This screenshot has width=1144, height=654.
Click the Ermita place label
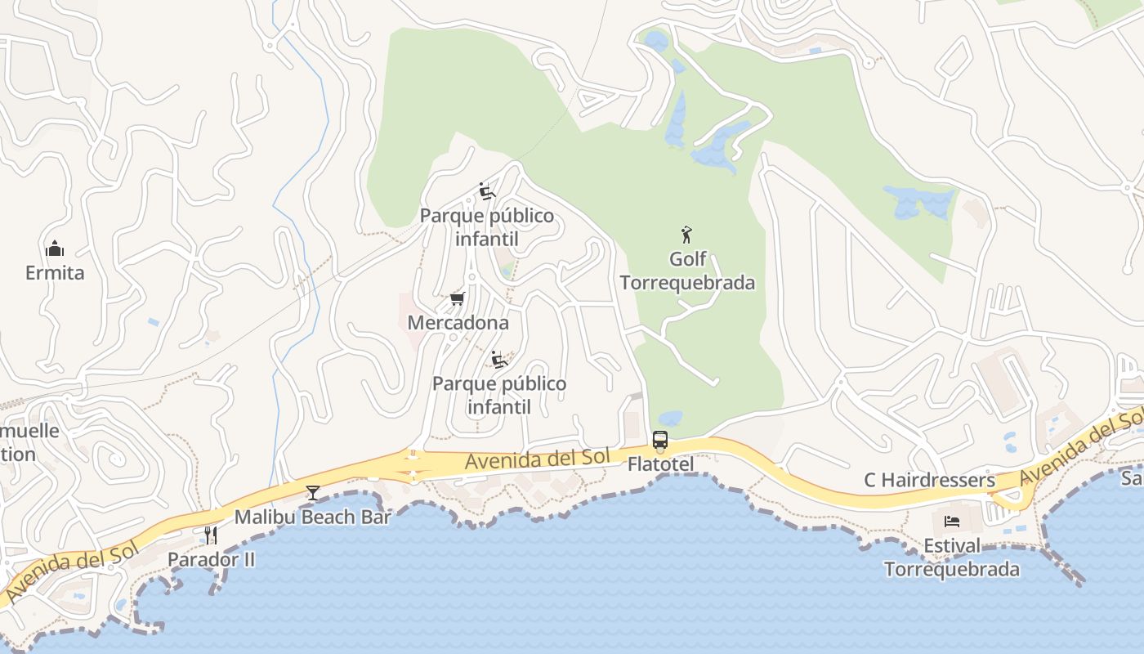[x=55, y=272]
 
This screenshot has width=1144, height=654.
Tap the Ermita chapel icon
[x=55, y=248]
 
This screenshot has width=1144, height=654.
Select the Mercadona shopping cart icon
[x=458, y=299]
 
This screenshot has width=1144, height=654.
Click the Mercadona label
[x=458, y=323]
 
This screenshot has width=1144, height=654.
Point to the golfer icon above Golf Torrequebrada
[x=686, y=235]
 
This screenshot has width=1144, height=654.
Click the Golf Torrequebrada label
[x=687, y=271]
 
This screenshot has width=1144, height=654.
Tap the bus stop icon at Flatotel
[x=660, y=440]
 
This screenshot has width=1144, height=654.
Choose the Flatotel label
[x=660, y=464]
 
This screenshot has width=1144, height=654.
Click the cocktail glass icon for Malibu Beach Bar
[x=312, y=492]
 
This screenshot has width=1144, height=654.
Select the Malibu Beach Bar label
[x=313, y=517]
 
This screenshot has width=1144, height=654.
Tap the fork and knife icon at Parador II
[x=211, y=535]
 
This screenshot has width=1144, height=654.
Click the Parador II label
[x=211, y=559]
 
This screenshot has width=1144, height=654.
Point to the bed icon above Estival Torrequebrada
[x=952, y=522]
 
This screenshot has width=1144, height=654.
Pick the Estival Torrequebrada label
[x=952, y=558]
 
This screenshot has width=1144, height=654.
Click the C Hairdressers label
[x=930, y=480]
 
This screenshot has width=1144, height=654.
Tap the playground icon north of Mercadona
[x=487, y=192]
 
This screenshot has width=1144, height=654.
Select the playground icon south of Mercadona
[x=499, y=360]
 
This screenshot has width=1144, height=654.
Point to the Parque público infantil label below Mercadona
[x=499, y=395]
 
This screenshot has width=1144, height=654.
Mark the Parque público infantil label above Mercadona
[x=487, y=227]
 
